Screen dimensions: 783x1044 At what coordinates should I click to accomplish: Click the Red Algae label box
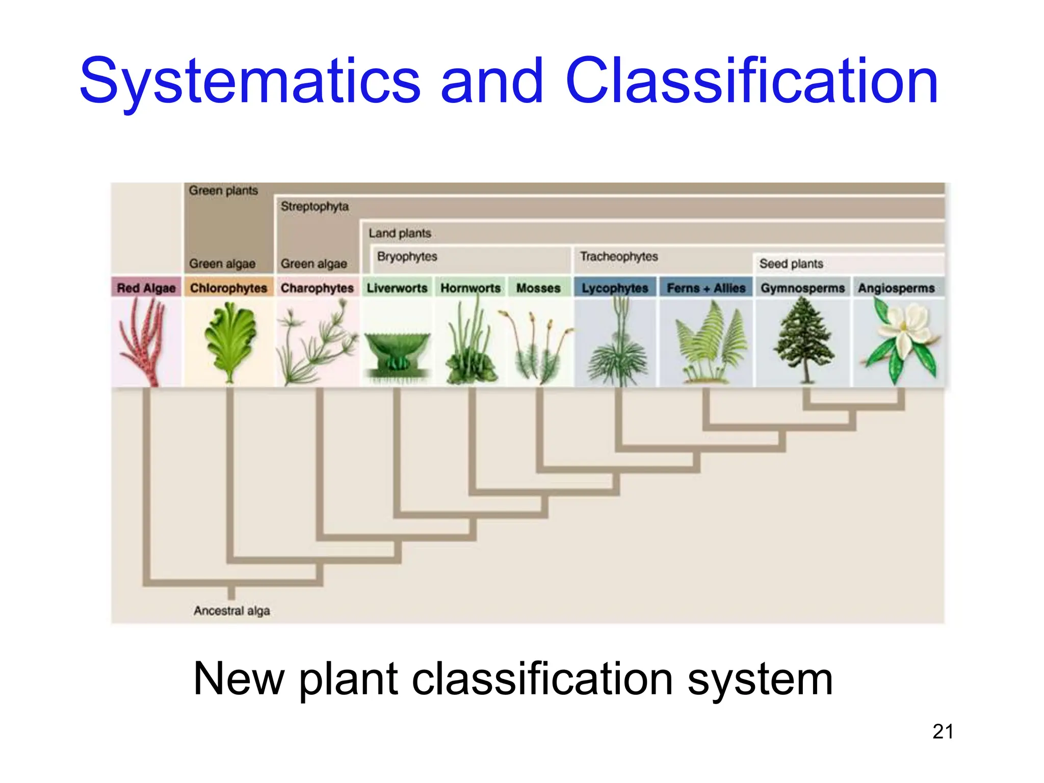[146, 288]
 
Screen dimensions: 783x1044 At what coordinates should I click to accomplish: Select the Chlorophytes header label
[228, 288]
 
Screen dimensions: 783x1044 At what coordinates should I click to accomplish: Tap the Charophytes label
[317, 288]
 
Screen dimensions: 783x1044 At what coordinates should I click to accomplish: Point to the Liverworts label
[397, 288]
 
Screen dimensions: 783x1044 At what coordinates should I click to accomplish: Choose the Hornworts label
[471, 288]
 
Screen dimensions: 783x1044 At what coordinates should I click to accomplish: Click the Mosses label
[538, 288]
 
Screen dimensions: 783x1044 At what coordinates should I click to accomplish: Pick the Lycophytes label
[615, 288]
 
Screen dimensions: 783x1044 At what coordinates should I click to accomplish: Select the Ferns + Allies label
[706, 288]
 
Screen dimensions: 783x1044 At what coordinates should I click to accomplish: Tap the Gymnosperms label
[802, 288]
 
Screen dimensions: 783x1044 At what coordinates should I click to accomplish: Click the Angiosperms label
[896, 288]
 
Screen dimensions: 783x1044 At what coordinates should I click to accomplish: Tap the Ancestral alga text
[231, 611]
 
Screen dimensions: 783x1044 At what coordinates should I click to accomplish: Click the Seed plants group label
[791, 264]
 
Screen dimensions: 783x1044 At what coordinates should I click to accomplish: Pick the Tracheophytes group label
[619, 256]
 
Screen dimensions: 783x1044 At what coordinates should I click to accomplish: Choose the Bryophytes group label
[407, 256]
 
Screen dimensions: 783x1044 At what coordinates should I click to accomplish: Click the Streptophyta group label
[315, 206]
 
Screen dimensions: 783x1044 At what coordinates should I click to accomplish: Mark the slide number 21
[943, 732]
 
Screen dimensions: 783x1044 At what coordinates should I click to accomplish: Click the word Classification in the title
[751, 82]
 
